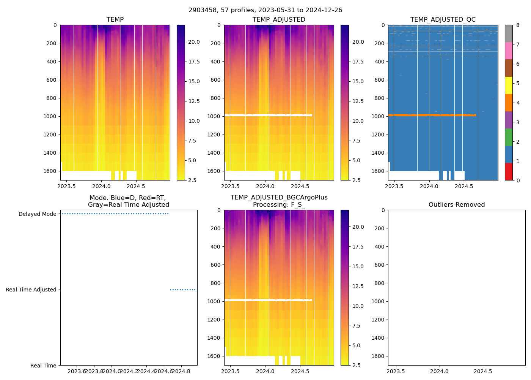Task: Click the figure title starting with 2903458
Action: tap(265, 10)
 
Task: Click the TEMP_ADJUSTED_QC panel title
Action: tap(443, 20)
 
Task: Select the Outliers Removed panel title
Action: tap(456, 205)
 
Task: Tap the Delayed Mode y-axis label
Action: tap(37, 214)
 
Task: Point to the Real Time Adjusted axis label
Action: tap(31, 290)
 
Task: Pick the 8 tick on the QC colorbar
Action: tap(518, 25)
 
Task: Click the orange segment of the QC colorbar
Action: tap(509, 103)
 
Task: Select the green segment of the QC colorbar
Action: tap(509, 137)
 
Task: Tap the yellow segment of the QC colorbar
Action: tap(509, 85)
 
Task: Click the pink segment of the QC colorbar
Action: tap(509, 51)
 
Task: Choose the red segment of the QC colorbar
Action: tap(509, 172)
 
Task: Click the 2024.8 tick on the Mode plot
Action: tap(181, 371)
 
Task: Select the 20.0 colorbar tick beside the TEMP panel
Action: tap(194, 42)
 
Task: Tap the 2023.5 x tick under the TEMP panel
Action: tap(66, 186)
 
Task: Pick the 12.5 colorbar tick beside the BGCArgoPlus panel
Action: tap(358, 286)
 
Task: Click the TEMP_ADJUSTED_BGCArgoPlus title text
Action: tap(279, 198)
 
